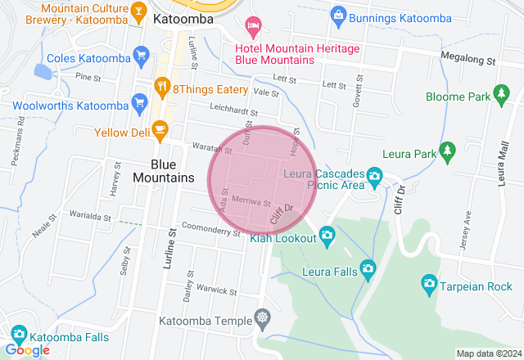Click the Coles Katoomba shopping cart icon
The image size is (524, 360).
[x=142, y=57]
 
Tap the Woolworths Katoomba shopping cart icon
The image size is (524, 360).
[x=138, y=105]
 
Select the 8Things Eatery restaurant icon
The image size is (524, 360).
[x=162, y=86]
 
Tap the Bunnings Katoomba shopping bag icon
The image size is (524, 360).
[x=337, y=14]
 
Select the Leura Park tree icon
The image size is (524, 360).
[x=447, y=151]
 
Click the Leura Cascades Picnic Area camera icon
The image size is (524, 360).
[x=374, y=175]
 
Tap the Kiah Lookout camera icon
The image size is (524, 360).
[x=327, y=236]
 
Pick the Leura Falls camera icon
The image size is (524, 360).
[x=368, y=268]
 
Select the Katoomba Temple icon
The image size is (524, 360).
[x=262, y=317]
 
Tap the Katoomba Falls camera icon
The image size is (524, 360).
[x=18, y=335]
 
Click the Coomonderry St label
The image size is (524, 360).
[x=211, y=230]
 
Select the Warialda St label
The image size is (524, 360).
[x=90, y=216]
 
